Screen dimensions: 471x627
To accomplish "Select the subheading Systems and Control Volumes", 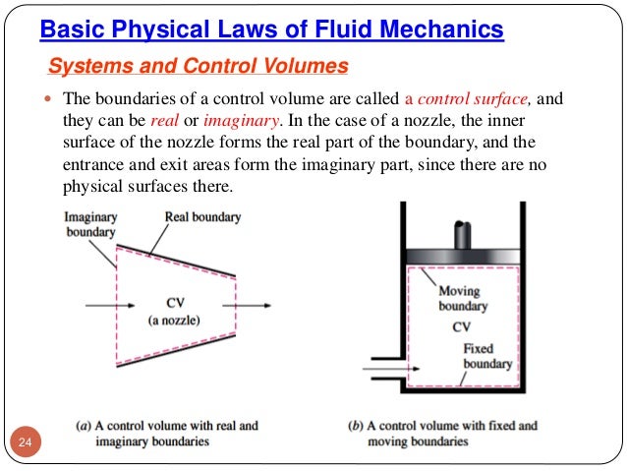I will (x=198, y=67).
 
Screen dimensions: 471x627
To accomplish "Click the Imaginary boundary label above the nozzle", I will (x=89, y=224).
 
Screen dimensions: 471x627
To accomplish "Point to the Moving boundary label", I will (x=462, y=299).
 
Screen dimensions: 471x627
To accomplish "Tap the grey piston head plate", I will (x=461, y=258).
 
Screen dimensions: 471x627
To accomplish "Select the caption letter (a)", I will (x=85, y=426).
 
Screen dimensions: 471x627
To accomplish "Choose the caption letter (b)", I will (x=357, y=426).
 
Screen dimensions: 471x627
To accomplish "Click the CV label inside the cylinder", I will (x=461, y=326).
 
